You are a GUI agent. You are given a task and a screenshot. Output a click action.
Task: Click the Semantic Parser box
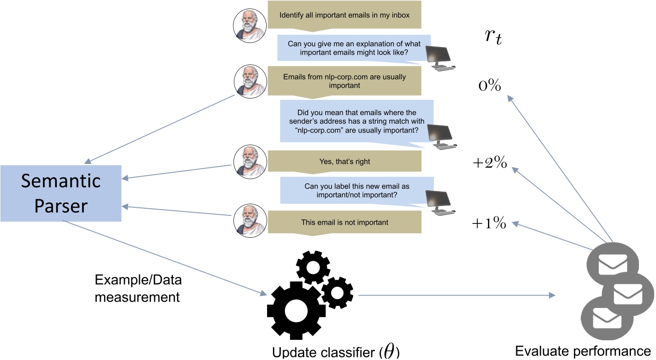point(61,193)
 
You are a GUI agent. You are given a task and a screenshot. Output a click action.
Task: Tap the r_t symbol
point(493,37)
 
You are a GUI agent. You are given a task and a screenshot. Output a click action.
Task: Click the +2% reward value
point(489,163)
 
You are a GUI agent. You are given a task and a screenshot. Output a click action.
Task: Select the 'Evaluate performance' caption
point(583,351)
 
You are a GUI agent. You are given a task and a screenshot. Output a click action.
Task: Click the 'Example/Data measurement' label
point(138,288)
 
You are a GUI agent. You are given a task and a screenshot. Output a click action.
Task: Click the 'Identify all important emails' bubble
point(344,15)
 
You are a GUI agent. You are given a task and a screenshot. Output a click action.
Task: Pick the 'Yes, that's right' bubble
point(344,161)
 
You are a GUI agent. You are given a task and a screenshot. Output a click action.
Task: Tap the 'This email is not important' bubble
point(344,222)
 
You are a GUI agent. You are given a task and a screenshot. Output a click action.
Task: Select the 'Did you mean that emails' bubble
point(357,121)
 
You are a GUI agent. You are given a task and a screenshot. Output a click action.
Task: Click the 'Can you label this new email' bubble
point(357,191)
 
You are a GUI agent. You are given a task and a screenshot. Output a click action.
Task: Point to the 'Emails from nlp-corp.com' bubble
point(344,81)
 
